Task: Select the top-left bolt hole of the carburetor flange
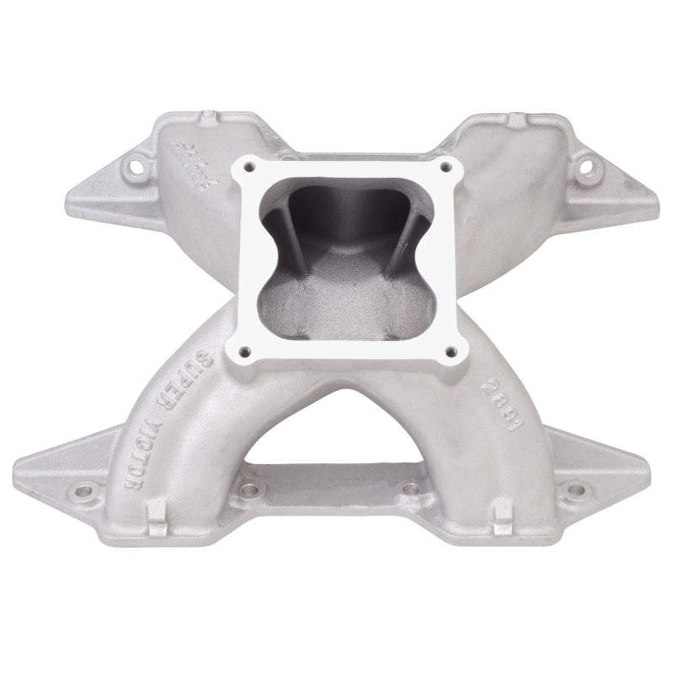tap(248, 169)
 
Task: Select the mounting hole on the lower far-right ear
tap(575, 486)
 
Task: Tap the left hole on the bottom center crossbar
tap(249, 487)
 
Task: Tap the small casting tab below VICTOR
tap(157, 511)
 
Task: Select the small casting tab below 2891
tap(502, 511)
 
